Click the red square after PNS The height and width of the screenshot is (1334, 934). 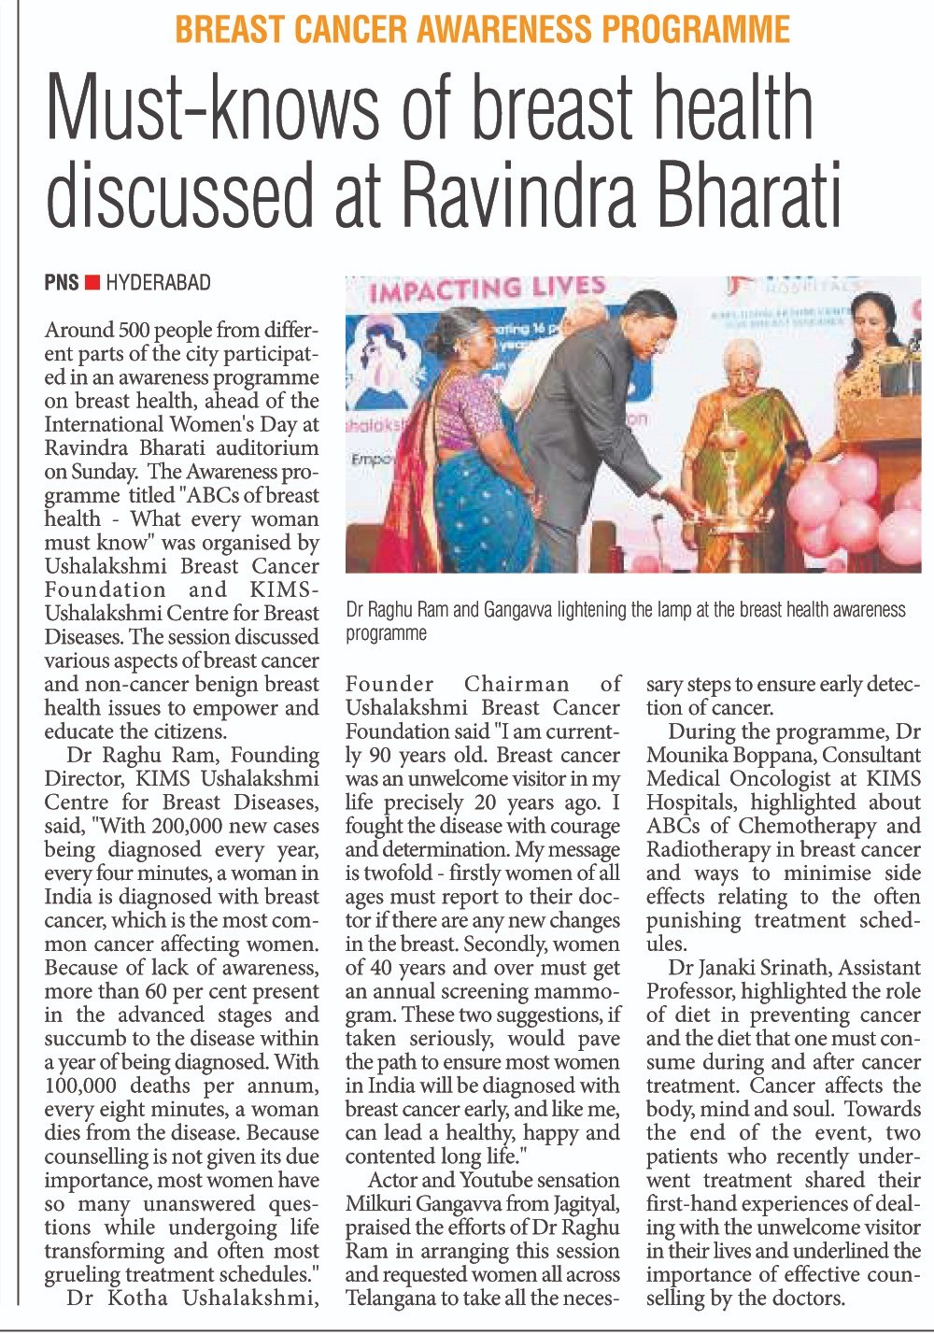pos(92,282)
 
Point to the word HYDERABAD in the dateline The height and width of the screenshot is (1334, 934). pos(158,282)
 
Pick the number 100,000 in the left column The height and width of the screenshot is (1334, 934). pos(80,1086)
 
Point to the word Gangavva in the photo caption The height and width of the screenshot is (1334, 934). pos(517,610)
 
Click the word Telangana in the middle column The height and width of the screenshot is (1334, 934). pos(392,1299)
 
